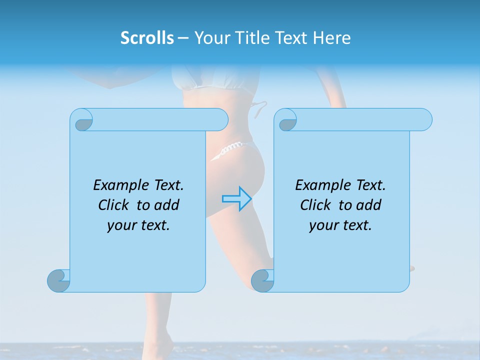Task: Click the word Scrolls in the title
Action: point(147,38)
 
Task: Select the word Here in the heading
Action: point(331,38)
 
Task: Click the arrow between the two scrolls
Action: point(236,198)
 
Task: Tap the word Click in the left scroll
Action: point(115,205)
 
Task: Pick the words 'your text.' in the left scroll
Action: point(138,225)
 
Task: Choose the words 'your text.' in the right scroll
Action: point(340,225)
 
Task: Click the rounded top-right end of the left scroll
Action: point(220,119)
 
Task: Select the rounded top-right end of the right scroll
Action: point(424,119)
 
